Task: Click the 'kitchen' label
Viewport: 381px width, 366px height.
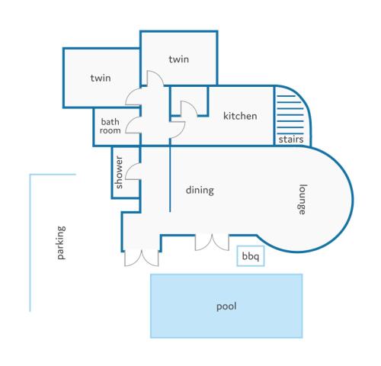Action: pyautogui.click(x=240, y=116)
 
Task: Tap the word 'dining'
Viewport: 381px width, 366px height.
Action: pyautogui.click(x=200, y=190)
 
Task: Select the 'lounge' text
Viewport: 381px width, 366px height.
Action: pyautogui.click(x=302, y=200)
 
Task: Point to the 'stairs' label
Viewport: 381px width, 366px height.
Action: pyautogui.click(x=291, y=140)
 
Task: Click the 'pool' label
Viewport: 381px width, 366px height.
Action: pyautogui.click(x=226, y=307)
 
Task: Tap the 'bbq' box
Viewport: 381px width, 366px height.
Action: pyautogui.click(x=251, y=256)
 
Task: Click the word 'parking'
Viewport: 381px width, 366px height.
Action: pyautogui.click(x=61, y=242)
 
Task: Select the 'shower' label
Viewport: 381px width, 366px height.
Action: pyautogui.click(x=119, y=172)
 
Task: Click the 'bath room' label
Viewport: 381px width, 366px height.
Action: pyautogui.click(x=110, y=126)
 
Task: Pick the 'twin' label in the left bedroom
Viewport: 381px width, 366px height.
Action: pyautogui.click(x=101, y=78)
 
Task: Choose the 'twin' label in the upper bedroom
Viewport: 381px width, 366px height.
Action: pyautogui.click(x=179, y=59)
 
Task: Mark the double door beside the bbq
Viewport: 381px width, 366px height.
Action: pyautogui.click(x=212, y=243)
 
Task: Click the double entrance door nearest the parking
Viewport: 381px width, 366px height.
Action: pyautogui.click(x=142, y=258)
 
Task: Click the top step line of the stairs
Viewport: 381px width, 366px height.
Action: pyautogui.click(x=286, y=96)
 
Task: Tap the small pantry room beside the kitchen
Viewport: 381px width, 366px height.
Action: pyautogui.click(x=189, y=101)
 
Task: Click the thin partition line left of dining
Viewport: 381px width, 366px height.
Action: pyautogui.click(x=170, y=178)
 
